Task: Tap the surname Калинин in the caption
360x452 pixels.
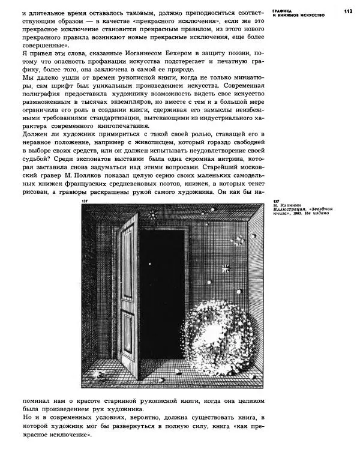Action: pos(292,205)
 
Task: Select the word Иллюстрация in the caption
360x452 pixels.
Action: pos(290,210)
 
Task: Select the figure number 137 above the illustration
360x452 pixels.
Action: pos(85,202)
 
